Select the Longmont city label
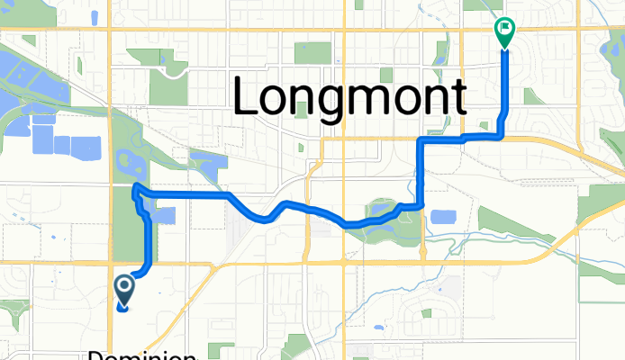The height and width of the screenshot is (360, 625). [350, 95]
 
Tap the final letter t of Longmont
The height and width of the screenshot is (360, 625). [457, 95]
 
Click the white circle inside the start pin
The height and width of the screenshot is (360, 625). [123, 287]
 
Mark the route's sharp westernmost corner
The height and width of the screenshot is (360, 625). [134, 186]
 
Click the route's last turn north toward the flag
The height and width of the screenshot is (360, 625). [502, 135]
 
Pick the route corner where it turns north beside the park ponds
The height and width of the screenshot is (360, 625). [421, 205]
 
